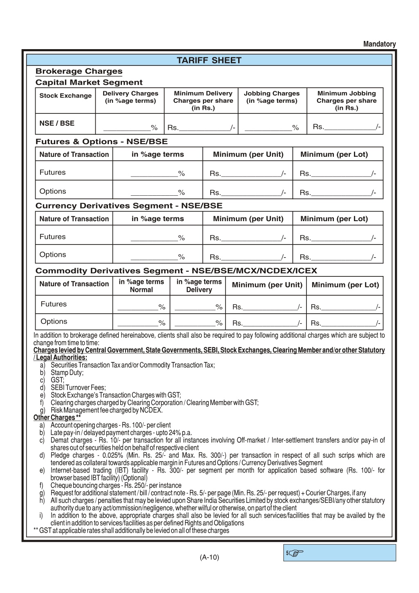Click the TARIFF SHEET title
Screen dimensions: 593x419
pyautogui.click(x=209, y=61)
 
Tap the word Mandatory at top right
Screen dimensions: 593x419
pyautogui.click(x=379, y=44)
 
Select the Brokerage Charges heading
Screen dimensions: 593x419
pyautogui.click(x=79, y=71)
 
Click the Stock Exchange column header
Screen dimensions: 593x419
pyautogui.click(x=65, y=96)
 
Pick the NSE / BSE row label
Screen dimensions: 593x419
pyautogui.click(x=57, y=123)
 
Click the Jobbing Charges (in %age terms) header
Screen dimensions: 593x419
pyautogui.click(x=272, y=97)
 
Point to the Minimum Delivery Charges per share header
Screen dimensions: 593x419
pyautogui.click(x=203, y=100)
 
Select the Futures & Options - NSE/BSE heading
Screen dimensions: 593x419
pyautogui.click(x=101, y=142)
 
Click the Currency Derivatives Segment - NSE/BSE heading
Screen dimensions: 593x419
pyautogui.click(x=129, y=206)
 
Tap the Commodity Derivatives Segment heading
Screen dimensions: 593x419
pyautogui.click(x=176, y=271)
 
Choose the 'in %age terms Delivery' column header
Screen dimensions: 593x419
pyautogui.click(x=199, y=286)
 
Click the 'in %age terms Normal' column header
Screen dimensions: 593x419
pyautogui.click(x=141, y=286)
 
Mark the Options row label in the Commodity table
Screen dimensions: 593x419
pyautogui.click(x=54, y=321)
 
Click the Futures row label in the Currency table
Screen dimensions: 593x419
pyautogui.click(x=52, y=237)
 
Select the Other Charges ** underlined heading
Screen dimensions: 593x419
pyautogui.click(x=57, y=418)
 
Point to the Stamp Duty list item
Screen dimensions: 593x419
pyautogui.click(x=67, y=373)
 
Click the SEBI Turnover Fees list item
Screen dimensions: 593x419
pyautogui.click(x=78, y=388)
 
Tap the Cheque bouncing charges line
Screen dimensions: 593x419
pyautogui.click(x=116, y=486)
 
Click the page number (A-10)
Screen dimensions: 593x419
pyautogui.click(x=209, y=557)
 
